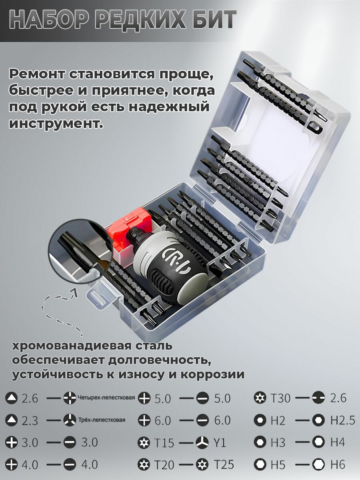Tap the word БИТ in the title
212,20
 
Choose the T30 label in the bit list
280,398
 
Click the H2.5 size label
342,420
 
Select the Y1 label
220,443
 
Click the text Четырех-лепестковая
106,398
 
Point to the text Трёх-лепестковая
102,420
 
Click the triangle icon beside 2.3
11,420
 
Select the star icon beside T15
144,443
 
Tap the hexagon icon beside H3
260,442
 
